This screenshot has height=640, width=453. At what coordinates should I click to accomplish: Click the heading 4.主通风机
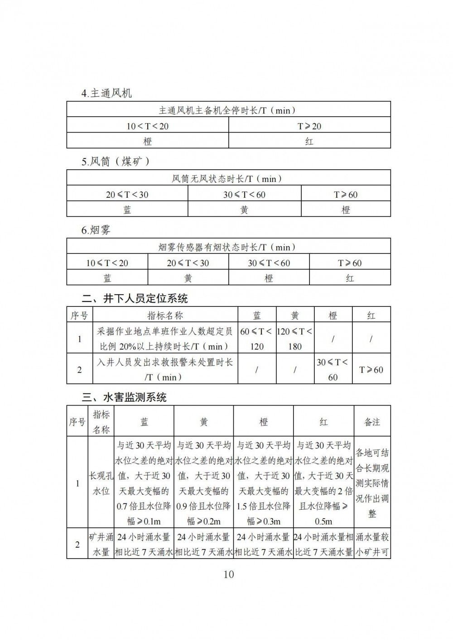[x=106, y=93]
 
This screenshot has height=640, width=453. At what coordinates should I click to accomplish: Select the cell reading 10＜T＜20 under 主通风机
[x=147, y=126]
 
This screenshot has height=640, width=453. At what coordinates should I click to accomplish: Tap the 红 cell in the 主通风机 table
[x=309, y=141]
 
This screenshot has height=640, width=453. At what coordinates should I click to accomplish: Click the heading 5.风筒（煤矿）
[x=116, y=161]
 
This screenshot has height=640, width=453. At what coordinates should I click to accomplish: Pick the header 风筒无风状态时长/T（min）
[x=228, y=179]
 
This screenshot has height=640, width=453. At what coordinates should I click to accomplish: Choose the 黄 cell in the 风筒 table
[x=244, y=210]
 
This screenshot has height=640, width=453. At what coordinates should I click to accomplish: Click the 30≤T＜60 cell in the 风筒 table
[x=244, y=195]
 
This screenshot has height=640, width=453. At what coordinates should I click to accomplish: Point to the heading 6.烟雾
[x=96, y=230]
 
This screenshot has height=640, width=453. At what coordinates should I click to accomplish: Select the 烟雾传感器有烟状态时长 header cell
[x=228, y=247]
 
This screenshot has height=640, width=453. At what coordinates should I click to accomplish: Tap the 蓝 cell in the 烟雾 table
[x=107, y=278]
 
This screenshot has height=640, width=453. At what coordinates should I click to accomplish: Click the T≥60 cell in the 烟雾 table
[x=350, y=263]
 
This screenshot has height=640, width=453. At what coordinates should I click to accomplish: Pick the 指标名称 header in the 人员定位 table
[x=165, y=315]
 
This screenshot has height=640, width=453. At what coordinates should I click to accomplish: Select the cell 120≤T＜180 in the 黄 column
[x=294, y=339]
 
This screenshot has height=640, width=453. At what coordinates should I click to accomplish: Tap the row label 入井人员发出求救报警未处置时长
[x=165, y=369]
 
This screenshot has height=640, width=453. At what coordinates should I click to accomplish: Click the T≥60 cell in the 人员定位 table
[x=371, y=369]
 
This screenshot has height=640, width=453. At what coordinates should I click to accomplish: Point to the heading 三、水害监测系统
[x=124, y=397]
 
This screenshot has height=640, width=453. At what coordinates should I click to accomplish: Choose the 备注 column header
[x=372, y=422]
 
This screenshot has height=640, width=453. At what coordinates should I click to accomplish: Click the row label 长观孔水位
[x=101, y=483]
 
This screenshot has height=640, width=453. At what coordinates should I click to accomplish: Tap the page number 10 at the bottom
[x=228, y=574]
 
